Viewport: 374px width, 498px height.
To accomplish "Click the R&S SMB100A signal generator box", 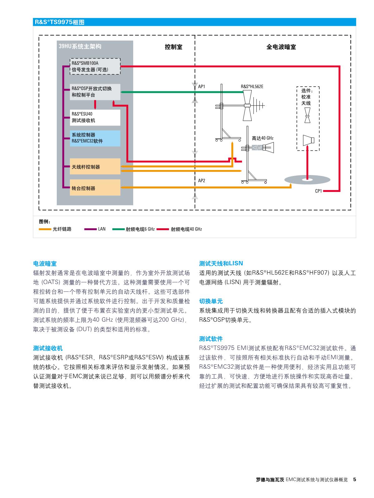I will (95, 66).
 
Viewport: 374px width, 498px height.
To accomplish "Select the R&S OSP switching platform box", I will (95, 92).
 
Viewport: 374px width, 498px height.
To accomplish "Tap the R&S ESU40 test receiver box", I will (95, 117).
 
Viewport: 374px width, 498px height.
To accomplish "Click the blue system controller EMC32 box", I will (95, 138).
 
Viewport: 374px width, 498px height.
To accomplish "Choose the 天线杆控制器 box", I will (95, 167).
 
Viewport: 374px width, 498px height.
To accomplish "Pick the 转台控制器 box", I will (95, 188).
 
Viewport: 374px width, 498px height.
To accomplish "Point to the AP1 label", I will (202, 87).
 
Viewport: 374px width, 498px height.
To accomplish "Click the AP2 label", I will (202, 181).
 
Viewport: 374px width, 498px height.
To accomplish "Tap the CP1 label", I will (318, 191).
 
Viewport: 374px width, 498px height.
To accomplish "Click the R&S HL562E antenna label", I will (252, 87).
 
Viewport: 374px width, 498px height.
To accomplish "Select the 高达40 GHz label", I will (263, 138).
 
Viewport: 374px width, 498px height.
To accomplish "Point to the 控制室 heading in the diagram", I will (173, 47).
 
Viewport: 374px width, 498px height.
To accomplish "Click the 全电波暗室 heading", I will (281, 47).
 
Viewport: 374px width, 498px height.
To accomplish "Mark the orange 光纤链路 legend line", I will (45, 229).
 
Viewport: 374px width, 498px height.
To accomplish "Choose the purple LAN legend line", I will (90, 229).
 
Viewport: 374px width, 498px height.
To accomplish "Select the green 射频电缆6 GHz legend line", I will (118, 229).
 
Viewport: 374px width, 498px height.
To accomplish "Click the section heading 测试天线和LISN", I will (221, 263).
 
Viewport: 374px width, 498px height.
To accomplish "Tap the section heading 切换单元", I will (211, 301).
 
